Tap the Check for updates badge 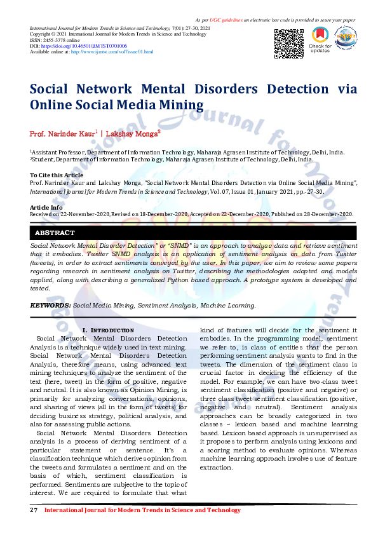(x=320, y=40)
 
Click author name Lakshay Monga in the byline (x=132, y=133)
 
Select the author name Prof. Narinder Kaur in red (x=62, y=133)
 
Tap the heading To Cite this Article (x=57, y=175)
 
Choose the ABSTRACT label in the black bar (x=55, y=233)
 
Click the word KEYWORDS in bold (x=50, y=305)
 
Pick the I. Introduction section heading (x=108, y=330)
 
